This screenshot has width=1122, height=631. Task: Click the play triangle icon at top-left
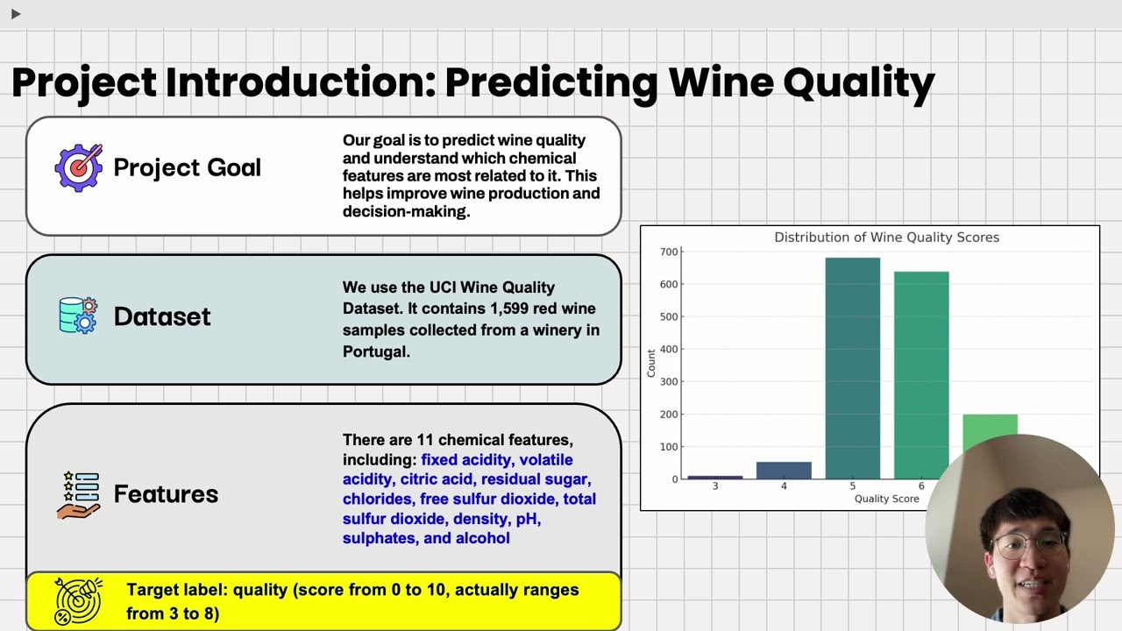tap(16, 13)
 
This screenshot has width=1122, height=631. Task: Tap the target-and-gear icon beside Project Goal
tap(79, 167)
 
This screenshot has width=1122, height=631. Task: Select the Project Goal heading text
tap(187, 167)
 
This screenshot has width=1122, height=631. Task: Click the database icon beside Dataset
tap(78, 315)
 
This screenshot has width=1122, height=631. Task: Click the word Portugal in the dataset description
tap(376, 351)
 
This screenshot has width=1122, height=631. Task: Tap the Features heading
tap(166, 494)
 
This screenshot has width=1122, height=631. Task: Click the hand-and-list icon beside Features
tap(78, 494)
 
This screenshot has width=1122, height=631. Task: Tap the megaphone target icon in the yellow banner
tap(78, 600)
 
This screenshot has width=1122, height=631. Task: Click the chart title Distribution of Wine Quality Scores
tap(886, 238)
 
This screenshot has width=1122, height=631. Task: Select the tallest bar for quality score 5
tap(852, 368)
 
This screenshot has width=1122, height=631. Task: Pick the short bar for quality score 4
tap(784, 471)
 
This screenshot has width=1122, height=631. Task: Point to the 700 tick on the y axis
tap(669, 252)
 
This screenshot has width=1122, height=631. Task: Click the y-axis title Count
tap(651, 363)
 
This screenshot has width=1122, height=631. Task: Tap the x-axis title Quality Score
tap(886, 499)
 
